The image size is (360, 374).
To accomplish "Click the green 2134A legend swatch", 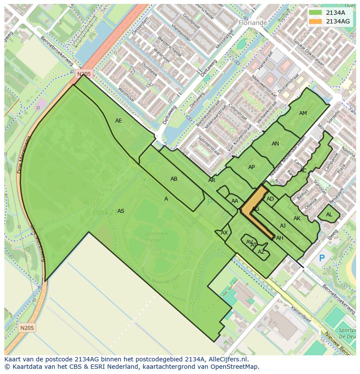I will click(x=316, y=13).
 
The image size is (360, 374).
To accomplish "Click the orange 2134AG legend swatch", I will click(x=316, y=21).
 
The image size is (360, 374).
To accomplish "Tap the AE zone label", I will click(x=119, y=121).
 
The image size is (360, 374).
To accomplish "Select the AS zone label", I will click(x=121, y=211).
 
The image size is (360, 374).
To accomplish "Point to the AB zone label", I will click(x=174, y=179).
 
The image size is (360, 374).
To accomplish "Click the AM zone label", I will click(x=303, y=113).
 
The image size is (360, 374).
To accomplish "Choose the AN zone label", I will click(x=275, y=144).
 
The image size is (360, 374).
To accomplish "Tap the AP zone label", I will click(x=251, y=167).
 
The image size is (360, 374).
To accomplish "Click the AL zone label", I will click(x=329, y=215).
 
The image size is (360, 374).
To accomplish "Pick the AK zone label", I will click(x=297, y=218).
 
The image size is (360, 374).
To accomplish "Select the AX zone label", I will click(x=224, y=233).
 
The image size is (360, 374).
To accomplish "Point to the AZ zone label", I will click(x=261, y=252).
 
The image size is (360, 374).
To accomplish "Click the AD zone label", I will click(x=270, y=199).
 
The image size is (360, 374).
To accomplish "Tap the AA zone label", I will click(x=235, y=201).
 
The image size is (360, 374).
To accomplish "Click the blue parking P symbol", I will click(x=322, y=258).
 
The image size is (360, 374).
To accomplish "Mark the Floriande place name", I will click(x=253, y=22).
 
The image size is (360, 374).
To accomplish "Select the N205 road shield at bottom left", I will click(x=27, y=328).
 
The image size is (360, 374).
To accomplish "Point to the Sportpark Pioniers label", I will click(x=156, y=236).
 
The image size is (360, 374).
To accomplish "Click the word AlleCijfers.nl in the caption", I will click(x=226, y=359).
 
